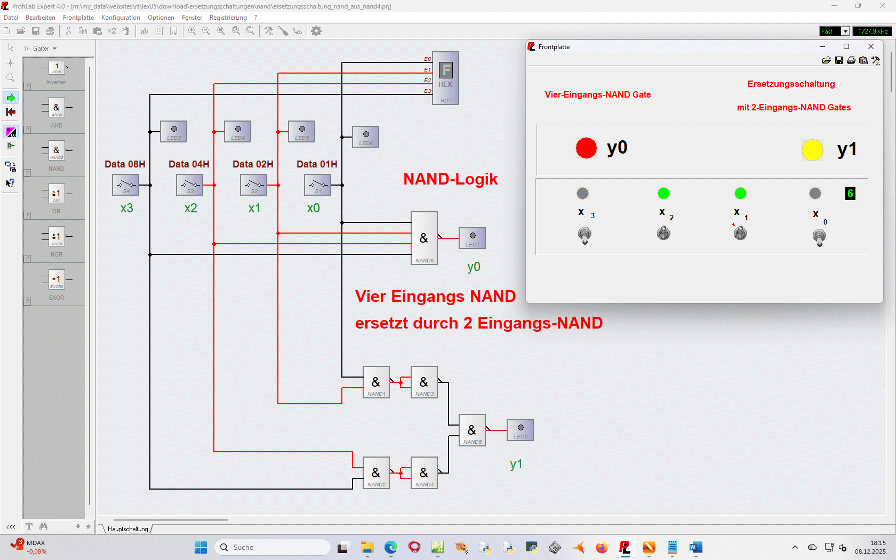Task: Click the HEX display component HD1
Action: pyautogui.click(x=445, y=78)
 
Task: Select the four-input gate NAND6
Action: pyautogui.click(x=424, y=238)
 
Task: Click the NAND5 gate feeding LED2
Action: pyautogui.click(x=472, y=430)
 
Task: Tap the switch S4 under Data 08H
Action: pyautogui.click(x=126, y=185)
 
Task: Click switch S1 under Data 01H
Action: pyautogui.click(x=318, y=185)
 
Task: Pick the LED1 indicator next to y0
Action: pyautogui.click(x=472, y=238)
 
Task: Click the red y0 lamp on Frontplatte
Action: pyautogui.click(x=586, y=148)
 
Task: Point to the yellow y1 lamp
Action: pyautogui.click(x=812, y=150)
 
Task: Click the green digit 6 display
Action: pyautogui.click(x=850, y=194)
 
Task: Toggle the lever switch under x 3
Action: pyautogui.click(x=585, y=235)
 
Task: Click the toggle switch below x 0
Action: pyautogui.click(x=819, y=236)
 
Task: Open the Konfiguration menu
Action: pyautogui.click(x=121, y=18)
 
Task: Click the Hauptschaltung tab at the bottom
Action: pyautogui.click(x=128, y=529)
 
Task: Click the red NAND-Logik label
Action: pyautogui.click(x=450, y=179)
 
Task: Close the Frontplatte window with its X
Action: pyautogui.click(x=871, y=47)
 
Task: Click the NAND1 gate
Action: pyautogui.click(x=376, y=382)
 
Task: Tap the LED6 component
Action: pyautogui.click(x=365, y=137)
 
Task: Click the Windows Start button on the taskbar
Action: pyautogui.click(x=201, y=547)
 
